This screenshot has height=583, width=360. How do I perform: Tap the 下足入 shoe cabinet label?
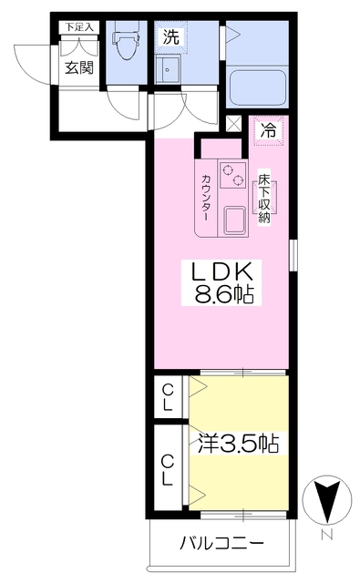(77, 26)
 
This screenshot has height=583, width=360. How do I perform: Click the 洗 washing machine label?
(170, 37)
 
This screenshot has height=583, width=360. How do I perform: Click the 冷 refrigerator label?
(269, 129)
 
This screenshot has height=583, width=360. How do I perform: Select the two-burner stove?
(233, 175)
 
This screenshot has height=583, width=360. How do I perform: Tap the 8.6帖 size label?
(223, 295)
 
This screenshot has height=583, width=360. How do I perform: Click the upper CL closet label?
(169, 397)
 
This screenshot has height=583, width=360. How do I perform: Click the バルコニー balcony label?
(221, 544)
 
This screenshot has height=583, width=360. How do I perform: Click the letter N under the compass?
(325, 535)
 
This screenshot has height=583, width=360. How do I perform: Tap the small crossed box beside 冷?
(235, 125)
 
